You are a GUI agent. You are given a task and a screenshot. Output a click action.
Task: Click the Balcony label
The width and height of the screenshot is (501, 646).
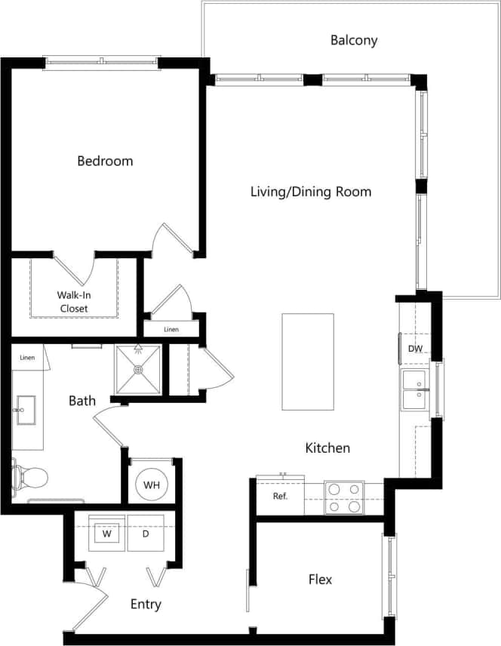click(354, 40)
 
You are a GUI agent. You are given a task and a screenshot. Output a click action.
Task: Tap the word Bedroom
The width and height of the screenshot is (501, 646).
click(105, 161)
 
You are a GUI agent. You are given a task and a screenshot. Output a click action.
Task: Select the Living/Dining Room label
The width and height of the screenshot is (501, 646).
click(311, 192)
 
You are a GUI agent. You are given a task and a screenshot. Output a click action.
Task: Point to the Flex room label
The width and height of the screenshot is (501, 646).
click(320, 580)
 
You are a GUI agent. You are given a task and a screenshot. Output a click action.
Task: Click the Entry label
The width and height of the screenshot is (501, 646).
click(146, 604)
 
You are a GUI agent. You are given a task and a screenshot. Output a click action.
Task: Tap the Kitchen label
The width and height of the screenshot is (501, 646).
click(327, 448)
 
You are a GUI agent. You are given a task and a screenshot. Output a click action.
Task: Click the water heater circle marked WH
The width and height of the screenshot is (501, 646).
click(151, 484)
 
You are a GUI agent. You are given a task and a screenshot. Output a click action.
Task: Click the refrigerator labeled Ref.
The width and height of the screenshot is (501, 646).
click(280, 497)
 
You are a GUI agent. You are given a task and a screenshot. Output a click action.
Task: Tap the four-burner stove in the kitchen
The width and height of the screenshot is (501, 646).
click(344, 498)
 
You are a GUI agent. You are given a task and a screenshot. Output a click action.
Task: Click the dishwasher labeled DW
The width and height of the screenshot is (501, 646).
click(414, 349)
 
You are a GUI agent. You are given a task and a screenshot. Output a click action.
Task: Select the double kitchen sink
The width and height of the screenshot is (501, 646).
click(414, 389)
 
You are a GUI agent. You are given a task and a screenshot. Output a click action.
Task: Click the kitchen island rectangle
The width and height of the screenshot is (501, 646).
click(308, 361)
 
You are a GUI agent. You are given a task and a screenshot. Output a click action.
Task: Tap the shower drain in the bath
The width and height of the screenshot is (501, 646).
click(138, 370)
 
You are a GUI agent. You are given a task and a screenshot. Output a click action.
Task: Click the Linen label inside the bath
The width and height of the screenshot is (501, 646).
click(27, 358)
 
